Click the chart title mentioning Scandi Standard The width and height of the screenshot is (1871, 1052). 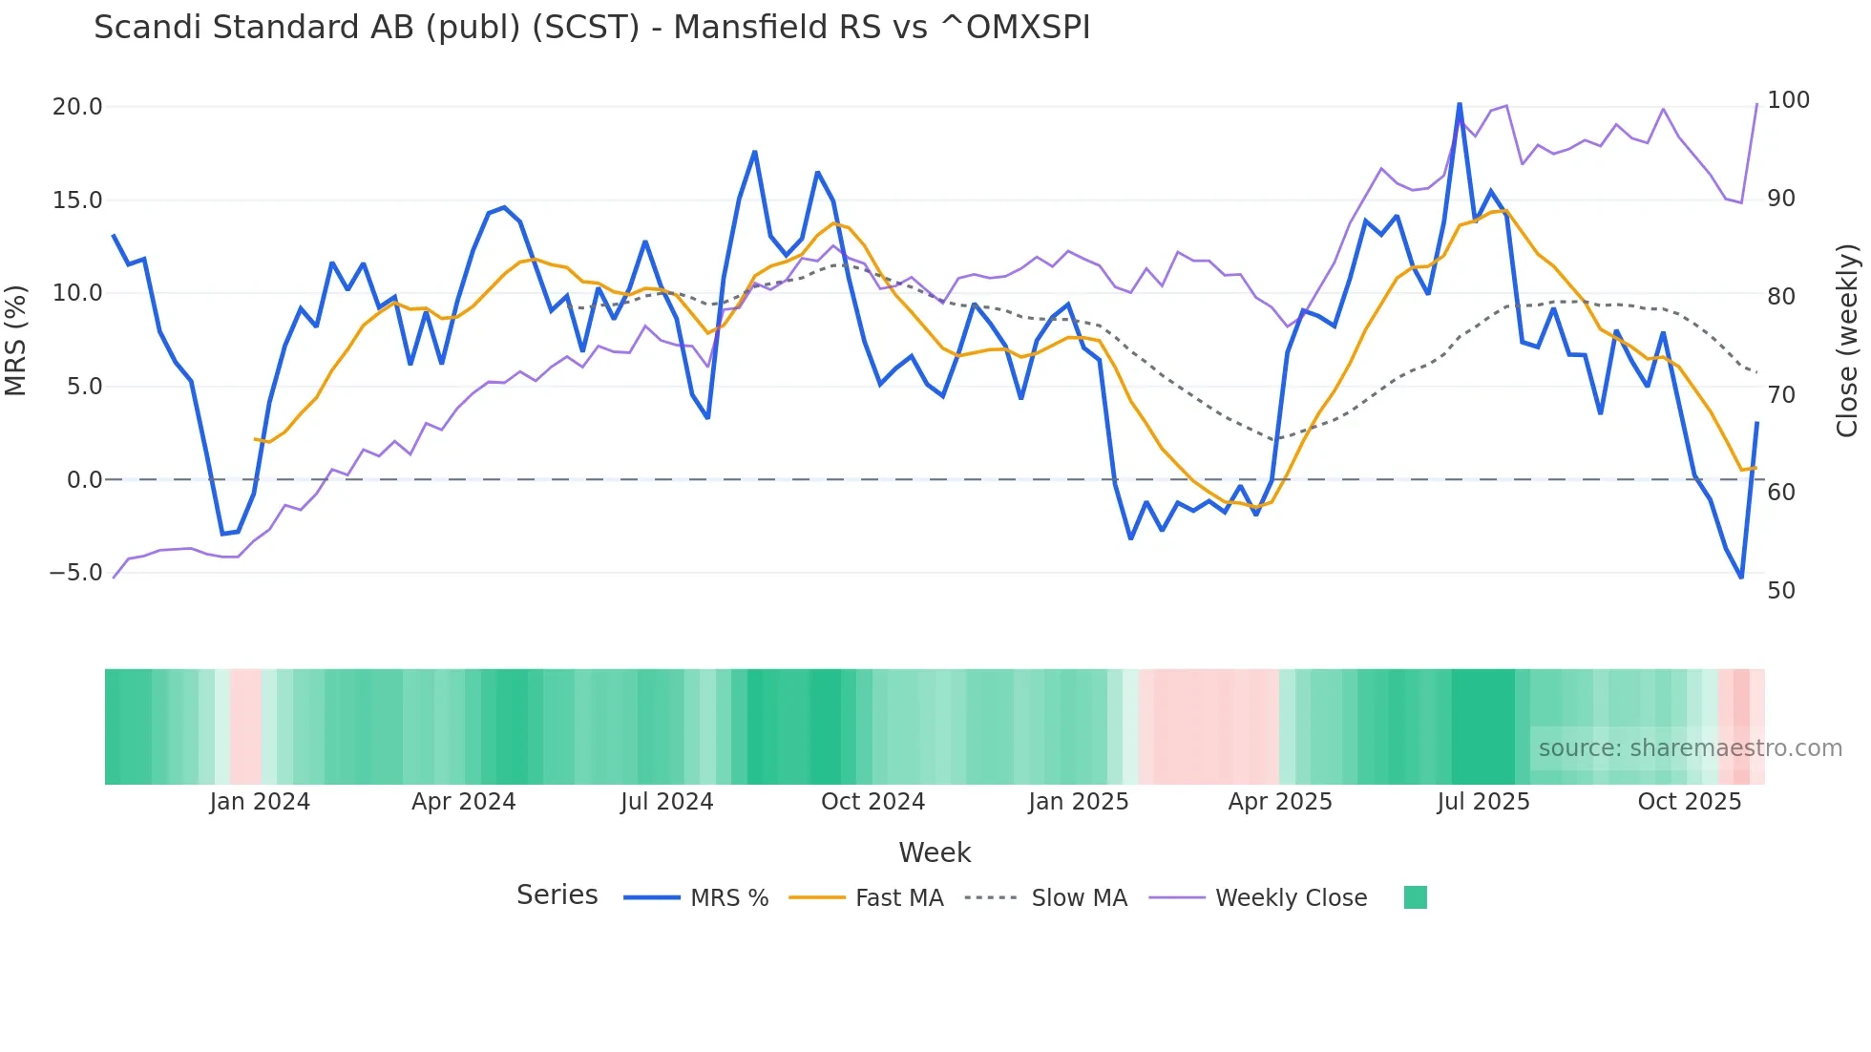[592, 28]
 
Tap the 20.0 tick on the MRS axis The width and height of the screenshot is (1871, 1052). [77, 107]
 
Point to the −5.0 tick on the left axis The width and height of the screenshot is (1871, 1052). [75, 573]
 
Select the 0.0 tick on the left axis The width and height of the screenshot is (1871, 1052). [84, 480]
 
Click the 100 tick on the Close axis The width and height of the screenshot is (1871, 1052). [1788, 100]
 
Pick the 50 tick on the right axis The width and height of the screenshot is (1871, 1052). [1780, 591]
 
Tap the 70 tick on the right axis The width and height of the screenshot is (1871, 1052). [1780, 394]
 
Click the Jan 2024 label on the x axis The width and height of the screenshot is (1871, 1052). [260, 802]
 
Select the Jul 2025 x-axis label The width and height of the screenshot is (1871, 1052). [1482, 802]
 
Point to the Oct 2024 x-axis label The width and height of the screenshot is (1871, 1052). [872, 802]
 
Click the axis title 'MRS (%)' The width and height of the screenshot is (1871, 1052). [16, 340]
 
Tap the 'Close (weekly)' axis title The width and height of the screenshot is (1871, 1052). [1847, 340]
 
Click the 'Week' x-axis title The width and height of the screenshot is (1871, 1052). [935, 852]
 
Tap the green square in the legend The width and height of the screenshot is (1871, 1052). [1415, 897]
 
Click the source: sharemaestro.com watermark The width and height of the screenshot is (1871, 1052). [1690, 748]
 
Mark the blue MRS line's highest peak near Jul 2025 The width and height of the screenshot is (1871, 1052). [1459, 104]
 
